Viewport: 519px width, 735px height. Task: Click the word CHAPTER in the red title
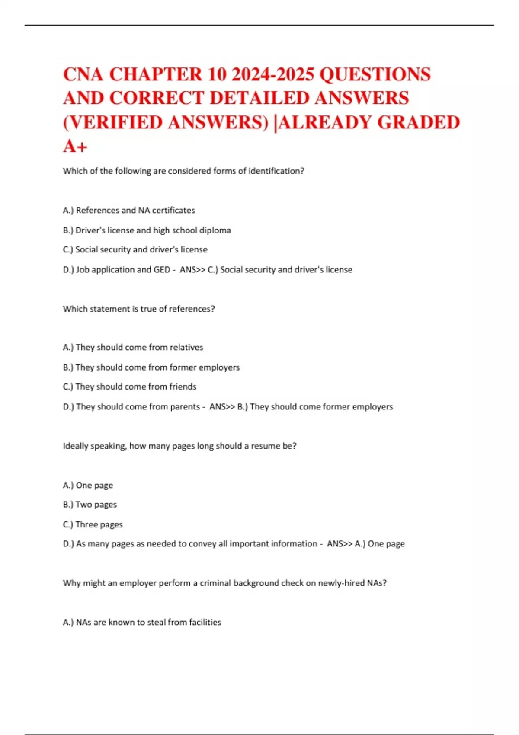point(155,74)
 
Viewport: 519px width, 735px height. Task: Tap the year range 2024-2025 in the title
point(273,74)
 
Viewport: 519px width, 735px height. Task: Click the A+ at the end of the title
point(75,147)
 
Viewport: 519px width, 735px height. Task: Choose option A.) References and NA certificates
point(129,211)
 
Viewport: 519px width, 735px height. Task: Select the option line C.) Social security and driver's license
point(135,250)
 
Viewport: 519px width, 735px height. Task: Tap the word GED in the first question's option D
point(162,270)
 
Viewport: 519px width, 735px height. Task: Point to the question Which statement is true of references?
point(139,309)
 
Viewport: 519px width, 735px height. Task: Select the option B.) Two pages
point(90,505)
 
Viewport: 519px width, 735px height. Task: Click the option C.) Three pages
point(93,524)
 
